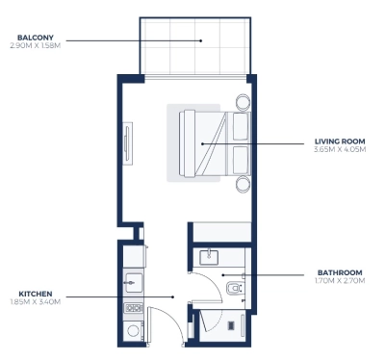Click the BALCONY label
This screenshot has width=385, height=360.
click(36, 38)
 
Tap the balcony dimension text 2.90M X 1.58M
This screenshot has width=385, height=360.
click(36, 45)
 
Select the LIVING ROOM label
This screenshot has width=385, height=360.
click(340, 141)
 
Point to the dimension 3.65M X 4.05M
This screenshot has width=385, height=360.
click(340, 149)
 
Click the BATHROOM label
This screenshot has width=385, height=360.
click(340, 272)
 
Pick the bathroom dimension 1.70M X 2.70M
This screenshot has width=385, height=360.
click(340, 281)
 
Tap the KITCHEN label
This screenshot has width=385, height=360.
click(36, 294)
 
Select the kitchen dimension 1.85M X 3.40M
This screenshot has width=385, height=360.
click(36, 302)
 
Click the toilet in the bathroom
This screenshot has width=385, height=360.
click(235, 288)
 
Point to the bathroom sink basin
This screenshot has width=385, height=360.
click(209, 257)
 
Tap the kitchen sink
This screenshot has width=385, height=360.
click(134, 283)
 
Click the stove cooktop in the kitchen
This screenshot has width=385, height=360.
click(134, 308)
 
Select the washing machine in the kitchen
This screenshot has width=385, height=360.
click(134, 330)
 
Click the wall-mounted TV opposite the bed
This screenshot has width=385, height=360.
click(128, 143)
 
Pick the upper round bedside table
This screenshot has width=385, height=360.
click(243, 102)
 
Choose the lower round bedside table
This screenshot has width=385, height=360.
click(243, 184)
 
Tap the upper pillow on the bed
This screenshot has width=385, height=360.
click(241, 126)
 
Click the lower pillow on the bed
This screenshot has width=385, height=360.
click(241, 161)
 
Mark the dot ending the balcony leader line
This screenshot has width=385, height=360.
click(201, 40)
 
